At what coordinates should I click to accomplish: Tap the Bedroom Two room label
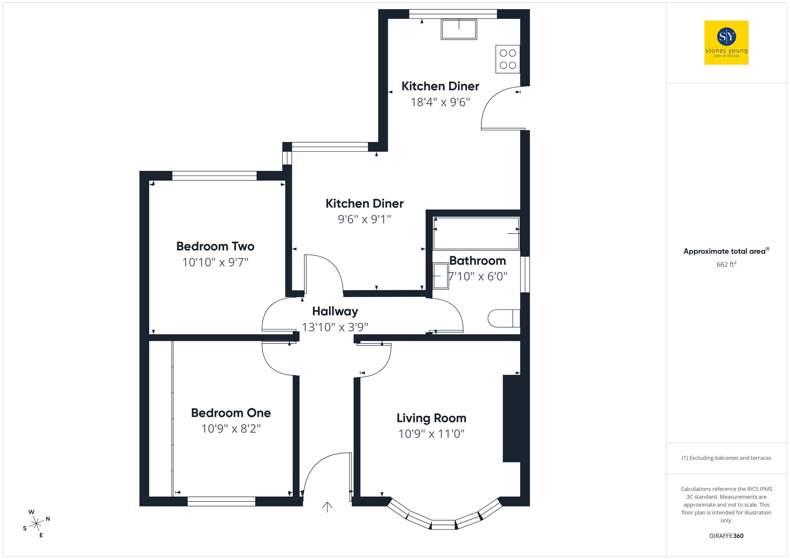click(x=215, y=246)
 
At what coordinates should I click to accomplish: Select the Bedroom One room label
click(x=231, y=413)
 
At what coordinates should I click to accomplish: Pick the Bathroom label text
click(x=478, y=261)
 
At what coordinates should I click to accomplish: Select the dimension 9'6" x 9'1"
click(x=364, y=219)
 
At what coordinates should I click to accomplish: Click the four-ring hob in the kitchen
click(x=507, y=59)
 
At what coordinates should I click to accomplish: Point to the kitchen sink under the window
click(x=459, y=29)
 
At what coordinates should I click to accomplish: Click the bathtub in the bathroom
click(x=476, y=233)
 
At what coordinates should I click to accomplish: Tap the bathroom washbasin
click(x=441, y=276)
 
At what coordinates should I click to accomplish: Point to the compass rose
click(x=36, y=524)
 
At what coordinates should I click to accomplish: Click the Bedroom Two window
click(x=214, y=176)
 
